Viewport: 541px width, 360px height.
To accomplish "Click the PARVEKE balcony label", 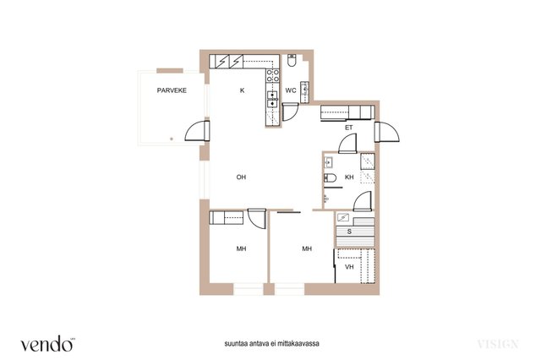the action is click(172, 90).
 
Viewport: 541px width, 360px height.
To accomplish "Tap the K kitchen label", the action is click(243, 90).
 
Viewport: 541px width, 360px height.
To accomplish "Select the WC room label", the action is click(291, 90).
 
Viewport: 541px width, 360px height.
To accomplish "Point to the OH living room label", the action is click(241, 177).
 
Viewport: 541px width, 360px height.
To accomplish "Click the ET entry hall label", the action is click(349, 128).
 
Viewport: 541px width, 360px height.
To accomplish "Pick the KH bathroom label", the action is click(349, 177).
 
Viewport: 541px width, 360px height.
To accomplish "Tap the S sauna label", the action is click(349, 232).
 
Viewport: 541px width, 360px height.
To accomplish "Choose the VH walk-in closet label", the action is click(349, 267).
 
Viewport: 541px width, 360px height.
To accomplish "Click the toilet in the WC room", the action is click(292, 60).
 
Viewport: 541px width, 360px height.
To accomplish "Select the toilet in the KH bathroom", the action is click(330, 178).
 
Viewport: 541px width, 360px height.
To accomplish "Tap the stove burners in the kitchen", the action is click(272, 76).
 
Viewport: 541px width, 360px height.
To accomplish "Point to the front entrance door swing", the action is click(387, 132).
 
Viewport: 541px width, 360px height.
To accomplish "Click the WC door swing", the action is click(290, 112).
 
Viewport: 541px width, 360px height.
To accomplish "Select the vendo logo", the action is click(47, 344).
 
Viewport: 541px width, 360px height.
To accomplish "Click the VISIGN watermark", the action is click(498, 344).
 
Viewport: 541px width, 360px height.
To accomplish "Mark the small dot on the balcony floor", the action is click(172, 139).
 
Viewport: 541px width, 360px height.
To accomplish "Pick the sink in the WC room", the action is click(304, 92).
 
